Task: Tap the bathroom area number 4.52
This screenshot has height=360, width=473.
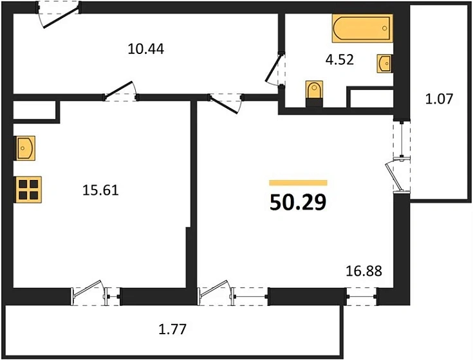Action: click(x=339, y=60)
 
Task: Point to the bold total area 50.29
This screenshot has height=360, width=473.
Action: click(x=297, y=203)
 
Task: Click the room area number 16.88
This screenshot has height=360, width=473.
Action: click(x=364, y=271)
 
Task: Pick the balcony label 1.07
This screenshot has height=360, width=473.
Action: click(x=440, y=99)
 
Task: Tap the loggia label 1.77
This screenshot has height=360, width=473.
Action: click(x=172, y=331)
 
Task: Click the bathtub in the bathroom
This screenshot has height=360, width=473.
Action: click(x=362, y=28)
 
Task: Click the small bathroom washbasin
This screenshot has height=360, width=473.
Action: click(x=385, y=63)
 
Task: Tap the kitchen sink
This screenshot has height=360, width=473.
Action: click(x=25, y=148)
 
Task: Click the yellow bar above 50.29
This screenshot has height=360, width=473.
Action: click(x=298, y=183)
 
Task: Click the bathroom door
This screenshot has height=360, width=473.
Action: click(x=277, y=68)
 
